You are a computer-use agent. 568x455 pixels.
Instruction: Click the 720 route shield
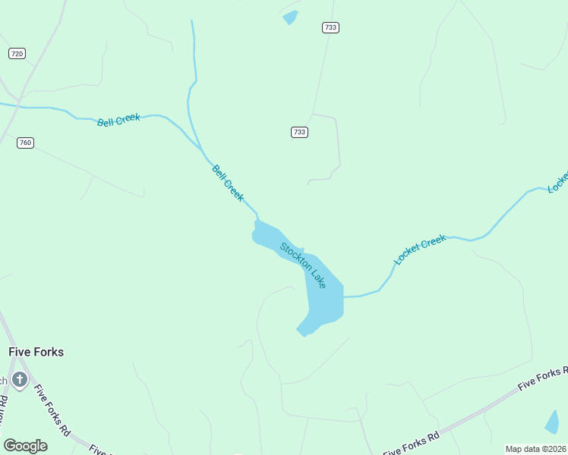[17, 53]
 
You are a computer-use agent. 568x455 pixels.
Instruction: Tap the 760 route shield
[26, 143]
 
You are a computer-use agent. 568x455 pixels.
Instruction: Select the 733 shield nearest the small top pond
[330, 27]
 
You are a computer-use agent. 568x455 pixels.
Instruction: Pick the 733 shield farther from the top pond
[299, 132]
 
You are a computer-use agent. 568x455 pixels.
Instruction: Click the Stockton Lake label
[303, 265]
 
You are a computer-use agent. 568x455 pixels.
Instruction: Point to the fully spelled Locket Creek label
[420, 249]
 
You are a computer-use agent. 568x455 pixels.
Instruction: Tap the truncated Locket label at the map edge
[558, 183]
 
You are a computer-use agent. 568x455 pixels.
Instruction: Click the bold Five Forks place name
[36, 352]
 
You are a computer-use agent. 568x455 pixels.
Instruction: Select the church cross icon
[20, 379]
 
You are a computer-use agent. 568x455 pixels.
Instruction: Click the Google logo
[26, 445]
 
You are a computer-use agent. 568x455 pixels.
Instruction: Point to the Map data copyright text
[535, 449]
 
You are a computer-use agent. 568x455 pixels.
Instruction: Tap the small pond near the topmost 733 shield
[290, 17]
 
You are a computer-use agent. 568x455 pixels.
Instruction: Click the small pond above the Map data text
[552, 422]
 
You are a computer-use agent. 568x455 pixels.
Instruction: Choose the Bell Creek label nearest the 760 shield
[118, 120]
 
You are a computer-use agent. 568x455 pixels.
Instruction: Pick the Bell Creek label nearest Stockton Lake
[228, 183]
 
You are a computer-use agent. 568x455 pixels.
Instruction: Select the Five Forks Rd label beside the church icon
[52, 410]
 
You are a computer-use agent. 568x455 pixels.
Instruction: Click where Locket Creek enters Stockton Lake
[344, 297]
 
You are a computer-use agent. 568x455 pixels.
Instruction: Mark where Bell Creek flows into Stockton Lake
[257, 219]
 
